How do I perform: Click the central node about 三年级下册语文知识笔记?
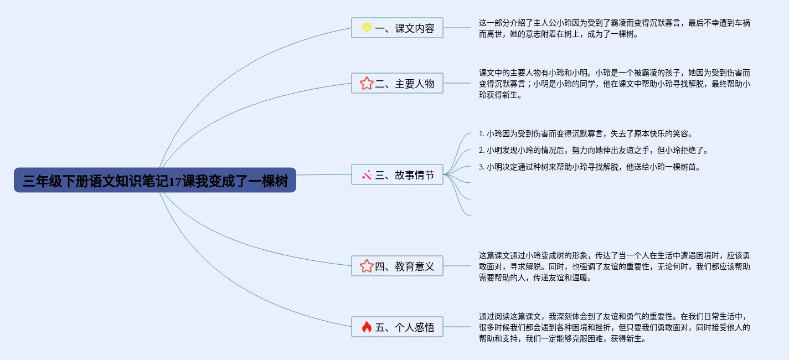click(x=155, y=181)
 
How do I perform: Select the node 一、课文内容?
click(x=397, y=28)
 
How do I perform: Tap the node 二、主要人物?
click(x=397, y=84)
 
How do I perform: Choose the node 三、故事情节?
click(x=397, y=175)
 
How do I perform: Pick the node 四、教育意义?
click(x=397, y=266)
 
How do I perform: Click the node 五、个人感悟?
click(x=397, y=327)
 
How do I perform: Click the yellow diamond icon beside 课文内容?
click(x=366, y=28)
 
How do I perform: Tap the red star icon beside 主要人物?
click(x=366, y=84)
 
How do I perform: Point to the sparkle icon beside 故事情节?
click(x=366, y=175)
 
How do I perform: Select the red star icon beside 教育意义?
click(x=366, y=266)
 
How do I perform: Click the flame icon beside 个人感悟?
click(x=366, y=327)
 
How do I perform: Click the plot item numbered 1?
click(x=585, y=134)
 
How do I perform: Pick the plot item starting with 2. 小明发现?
click(x=593, y=150)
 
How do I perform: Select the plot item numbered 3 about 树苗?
click(x=589, y=167)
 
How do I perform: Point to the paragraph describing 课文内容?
click(x=614, y=28)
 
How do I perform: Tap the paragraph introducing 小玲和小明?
click(x=614, y=84)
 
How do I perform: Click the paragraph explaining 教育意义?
click(x=614, y=266)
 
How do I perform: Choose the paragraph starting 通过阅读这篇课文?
click(x=614, y=327)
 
